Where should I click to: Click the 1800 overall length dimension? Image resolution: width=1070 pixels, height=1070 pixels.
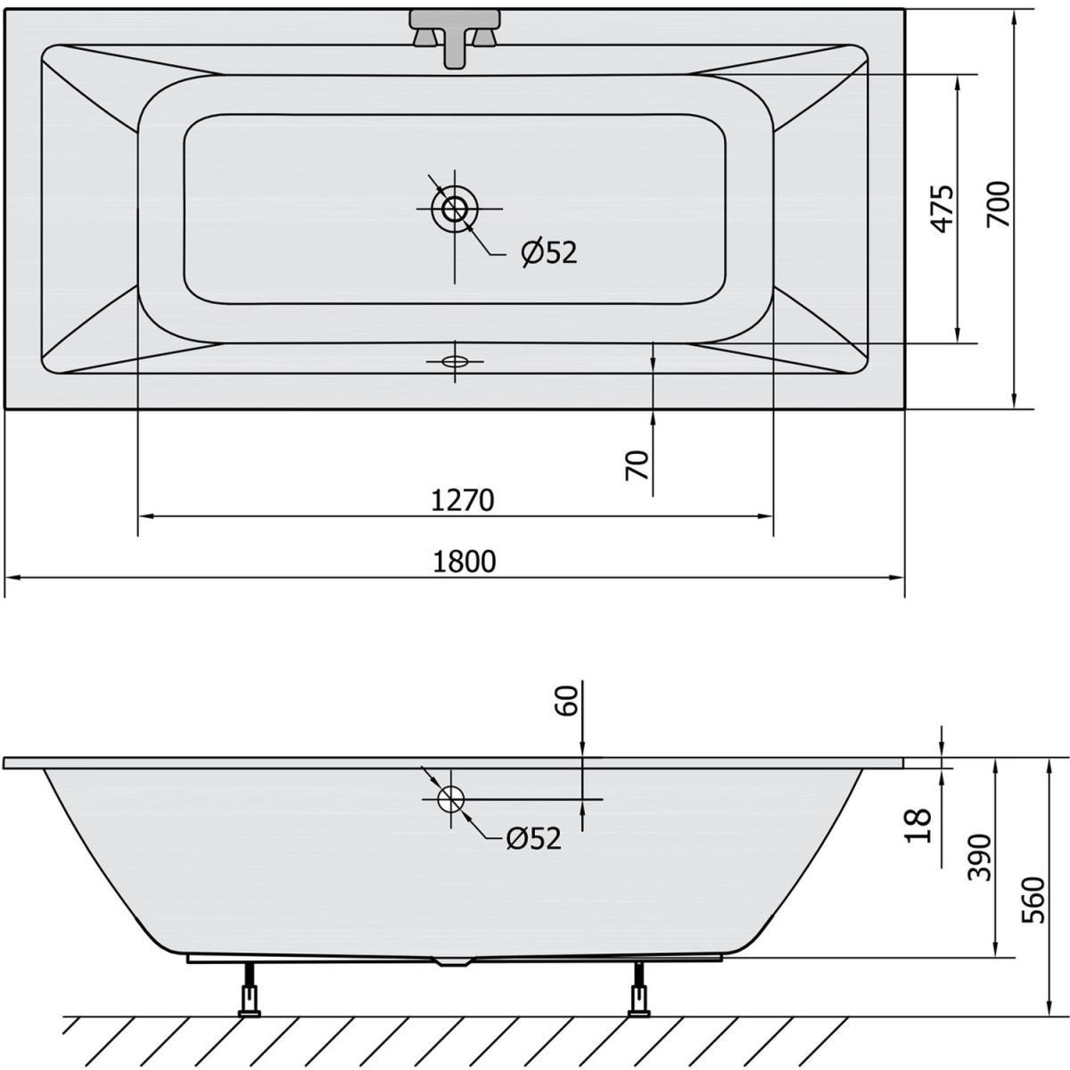[464, 562]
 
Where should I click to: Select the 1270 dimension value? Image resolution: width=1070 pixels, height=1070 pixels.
[463, 500]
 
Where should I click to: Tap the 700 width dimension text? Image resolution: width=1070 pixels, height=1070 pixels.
[998, 204]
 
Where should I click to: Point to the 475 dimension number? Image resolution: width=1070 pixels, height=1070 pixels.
[942, 210]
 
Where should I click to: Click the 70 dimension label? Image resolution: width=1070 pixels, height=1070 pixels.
[637, 465]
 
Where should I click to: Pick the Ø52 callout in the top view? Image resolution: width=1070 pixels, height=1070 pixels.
[549, 253]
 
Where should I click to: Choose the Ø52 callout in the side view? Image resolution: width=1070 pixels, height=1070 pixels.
[533, 838]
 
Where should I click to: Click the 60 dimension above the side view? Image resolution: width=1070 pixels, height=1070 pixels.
[566, 701]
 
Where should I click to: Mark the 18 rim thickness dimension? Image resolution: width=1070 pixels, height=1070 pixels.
[918, 827]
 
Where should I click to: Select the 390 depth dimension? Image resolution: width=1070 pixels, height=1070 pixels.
[979, 858]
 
